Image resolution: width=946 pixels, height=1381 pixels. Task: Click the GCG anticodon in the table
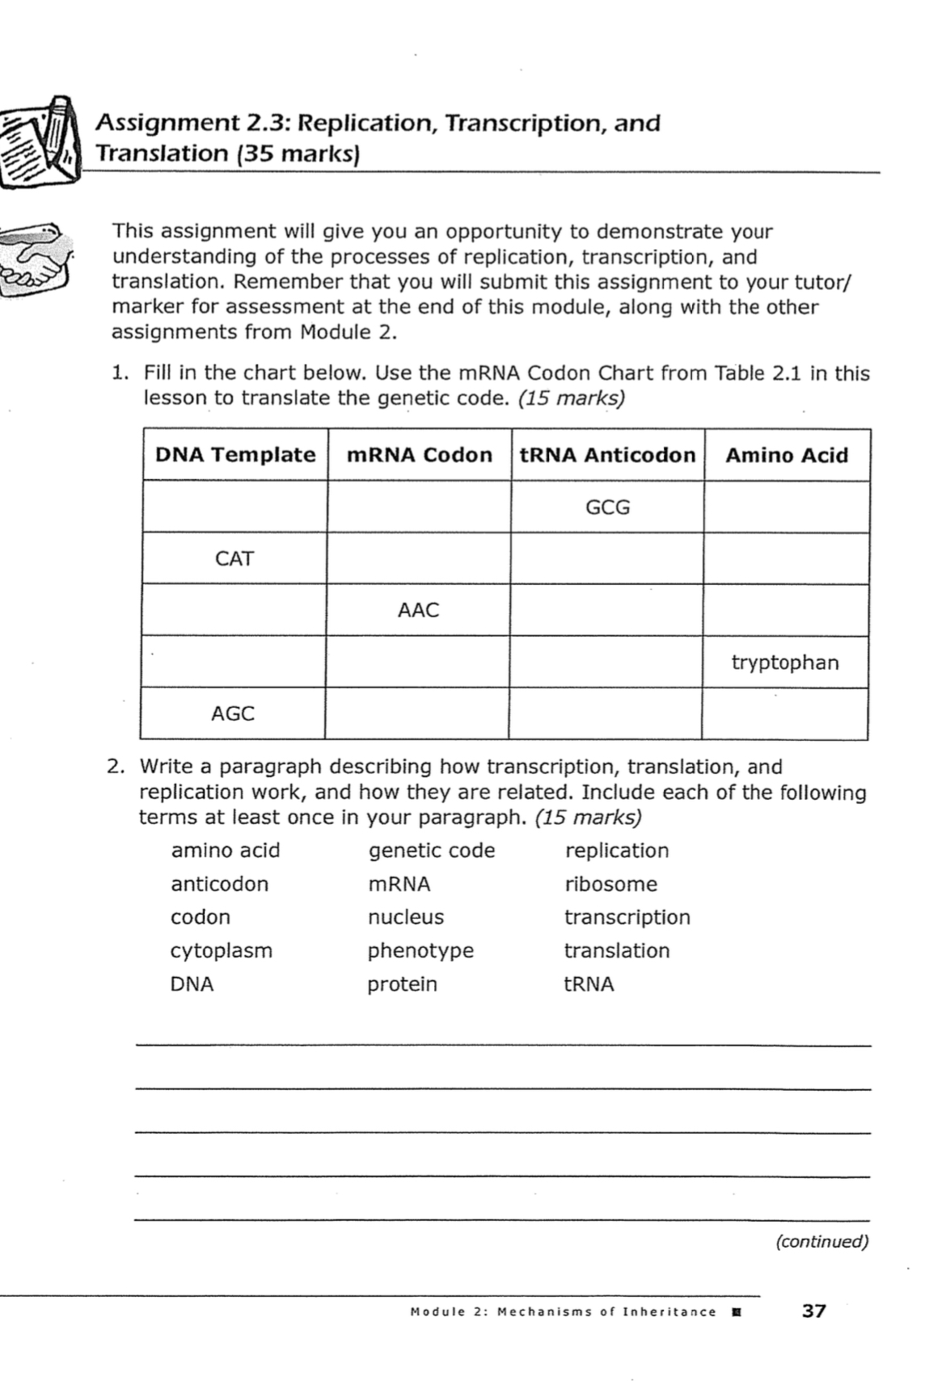607,507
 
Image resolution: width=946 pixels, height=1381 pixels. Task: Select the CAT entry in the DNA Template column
234,558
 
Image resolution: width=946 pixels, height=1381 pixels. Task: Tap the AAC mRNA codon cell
418,610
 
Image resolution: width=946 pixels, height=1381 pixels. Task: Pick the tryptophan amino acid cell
785,663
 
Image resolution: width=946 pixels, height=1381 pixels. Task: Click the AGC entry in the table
233,714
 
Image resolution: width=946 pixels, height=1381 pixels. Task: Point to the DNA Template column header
235,455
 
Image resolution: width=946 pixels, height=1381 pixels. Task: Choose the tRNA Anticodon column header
607,455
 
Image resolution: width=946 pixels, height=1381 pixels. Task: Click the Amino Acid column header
787,456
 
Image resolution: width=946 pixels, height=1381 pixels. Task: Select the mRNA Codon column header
419,455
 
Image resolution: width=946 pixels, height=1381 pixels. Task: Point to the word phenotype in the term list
420,950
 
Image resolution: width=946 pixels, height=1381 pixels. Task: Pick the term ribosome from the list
610,884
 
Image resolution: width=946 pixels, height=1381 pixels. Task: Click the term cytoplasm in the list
222,950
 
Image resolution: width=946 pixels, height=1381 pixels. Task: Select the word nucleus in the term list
406,917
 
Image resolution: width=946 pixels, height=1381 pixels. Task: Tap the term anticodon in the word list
219,884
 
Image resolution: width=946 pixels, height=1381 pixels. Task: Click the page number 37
813,1311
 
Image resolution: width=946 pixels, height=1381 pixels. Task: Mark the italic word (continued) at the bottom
822,1241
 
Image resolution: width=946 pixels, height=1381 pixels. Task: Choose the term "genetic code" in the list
432,850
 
